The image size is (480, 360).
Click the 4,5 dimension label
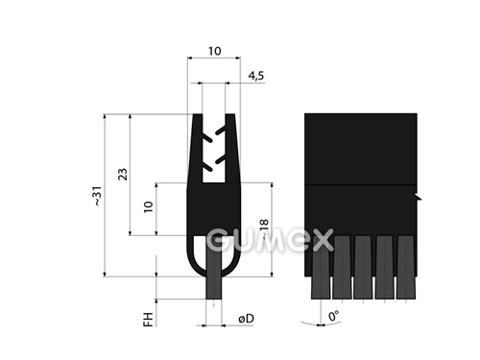pyautogui.click(x=256, y=76)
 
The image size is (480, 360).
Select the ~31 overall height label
pyautogui.click(x=98, y=196)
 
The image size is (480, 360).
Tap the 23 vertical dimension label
pyautogui.click(x=123, y=174)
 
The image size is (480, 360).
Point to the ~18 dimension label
pyautogui.click(x=264, y=229)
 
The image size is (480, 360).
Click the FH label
pyautogui.click(x=148, y=320)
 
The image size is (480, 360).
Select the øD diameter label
pyautogui.click(x=246, y=319)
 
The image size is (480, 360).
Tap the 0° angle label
pyautogui.click(x=333, y=316)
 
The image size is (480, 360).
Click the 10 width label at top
pyautogui.click(x=214, y=51)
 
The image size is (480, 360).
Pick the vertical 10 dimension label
pyautogui.click(x=148, y=207)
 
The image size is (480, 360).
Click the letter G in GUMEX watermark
pyautogui.click(x=219, y=240)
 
